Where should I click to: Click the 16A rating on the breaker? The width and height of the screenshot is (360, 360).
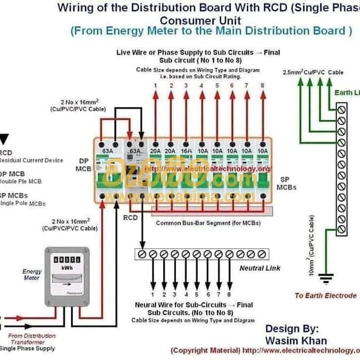(186, 151)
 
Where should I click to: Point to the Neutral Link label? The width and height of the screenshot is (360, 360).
(259, 267)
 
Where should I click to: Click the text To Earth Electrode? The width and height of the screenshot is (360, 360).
(325, 295)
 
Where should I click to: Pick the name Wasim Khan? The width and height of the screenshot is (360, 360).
(296, 340)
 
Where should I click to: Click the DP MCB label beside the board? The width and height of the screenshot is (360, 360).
(83, 164)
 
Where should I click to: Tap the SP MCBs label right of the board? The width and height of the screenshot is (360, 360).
(286, 183)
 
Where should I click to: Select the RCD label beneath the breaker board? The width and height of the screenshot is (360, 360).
(131, 218)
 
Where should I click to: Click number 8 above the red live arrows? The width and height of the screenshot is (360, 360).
(263, 86)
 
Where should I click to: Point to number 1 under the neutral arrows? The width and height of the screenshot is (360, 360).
(152, 294)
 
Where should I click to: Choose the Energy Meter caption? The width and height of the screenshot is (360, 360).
(32, 274)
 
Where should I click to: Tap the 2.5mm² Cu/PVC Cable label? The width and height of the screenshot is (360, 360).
(313, 72)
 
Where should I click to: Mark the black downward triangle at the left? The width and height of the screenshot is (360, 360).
(4, 139)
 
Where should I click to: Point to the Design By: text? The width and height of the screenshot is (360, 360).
(292, 328)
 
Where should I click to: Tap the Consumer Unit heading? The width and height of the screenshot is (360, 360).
(201, 20)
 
